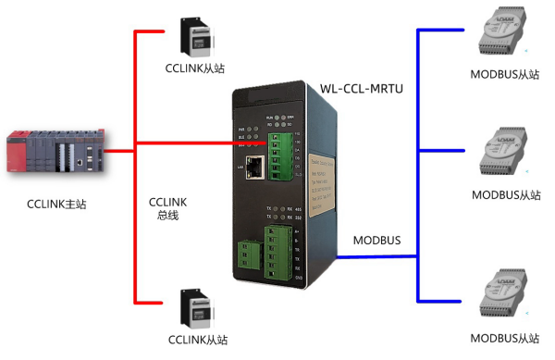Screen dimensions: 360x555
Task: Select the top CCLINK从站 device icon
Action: [x=193, y=35]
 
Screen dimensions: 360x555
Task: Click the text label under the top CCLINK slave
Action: [x=194, y=68]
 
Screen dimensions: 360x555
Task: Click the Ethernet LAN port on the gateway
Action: [x=255, y=168]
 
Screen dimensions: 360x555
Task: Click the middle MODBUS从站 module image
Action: [x=504, y=156]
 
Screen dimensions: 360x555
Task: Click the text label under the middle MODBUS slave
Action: [x=505, y=194]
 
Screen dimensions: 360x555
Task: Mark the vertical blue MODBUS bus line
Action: [x=418, y=167]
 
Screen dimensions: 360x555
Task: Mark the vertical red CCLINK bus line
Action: [x=136, y=167]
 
